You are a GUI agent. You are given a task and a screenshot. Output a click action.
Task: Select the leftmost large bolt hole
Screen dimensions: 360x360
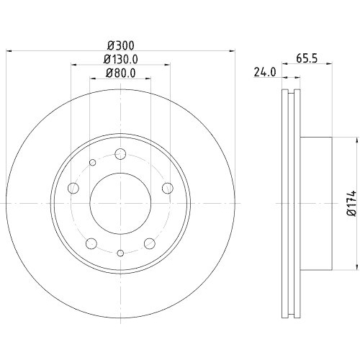[x=73, y=189]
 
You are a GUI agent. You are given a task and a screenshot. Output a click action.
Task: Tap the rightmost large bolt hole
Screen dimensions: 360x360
[x=168, y=189]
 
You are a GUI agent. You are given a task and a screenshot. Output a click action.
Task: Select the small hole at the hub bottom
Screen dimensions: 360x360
[x=120, y=252]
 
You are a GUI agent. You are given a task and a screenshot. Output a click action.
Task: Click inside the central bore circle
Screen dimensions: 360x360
[x=120, y=203]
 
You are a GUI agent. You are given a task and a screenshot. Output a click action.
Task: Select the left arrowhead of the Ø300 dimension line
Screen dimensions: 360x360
[x=9, y=50]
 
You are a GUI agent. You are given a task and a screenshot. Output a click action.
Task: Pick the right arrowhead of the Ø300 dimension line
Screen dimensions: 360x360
[x=233, y=50]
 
